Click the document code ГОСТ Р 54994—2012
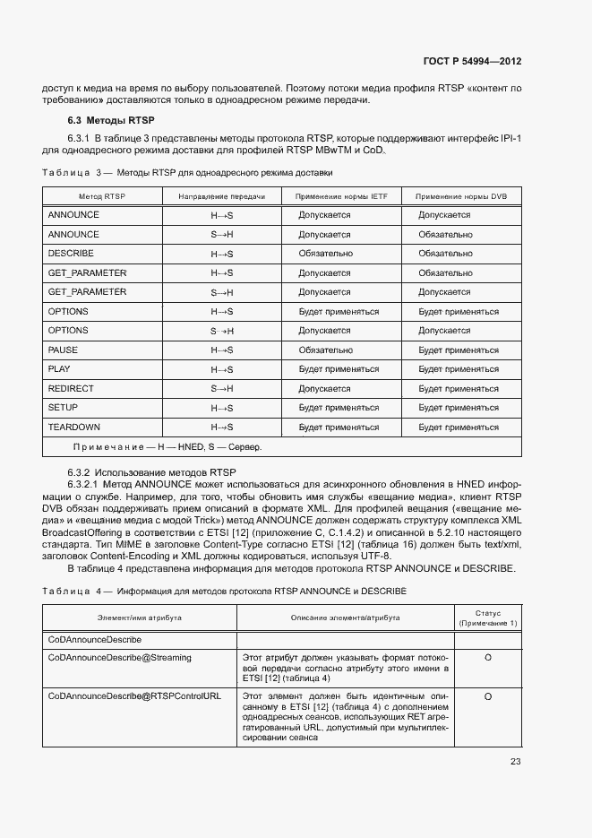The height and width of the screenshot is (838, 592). click(472, 61)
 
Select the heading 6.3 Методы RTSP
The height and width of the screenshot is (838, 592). click(111, 120)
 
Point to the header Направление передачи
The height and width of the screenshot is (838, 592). click(221, 195)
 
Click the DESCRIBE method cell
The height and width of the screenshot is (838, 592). click(70, 254)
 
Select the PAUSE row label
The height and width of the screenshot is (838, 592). click(63, 350)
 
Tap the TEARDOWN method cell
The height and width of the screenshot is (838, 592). click(73, 427)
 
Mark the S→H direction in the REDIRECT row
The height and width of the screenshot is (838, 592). click(221, 388)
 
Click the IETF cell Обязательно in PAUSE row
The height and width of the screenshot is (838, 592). click(325, 350)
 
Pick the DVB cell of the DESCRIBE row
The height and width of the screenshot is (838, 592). click(445, 254)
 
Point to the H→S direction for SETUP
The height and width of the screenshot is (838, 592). click(221, 408)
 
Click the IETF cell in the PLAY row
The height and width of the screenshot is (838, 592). click(339, 369)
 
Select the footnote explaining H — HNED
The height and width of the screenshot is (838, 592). click(167, 446)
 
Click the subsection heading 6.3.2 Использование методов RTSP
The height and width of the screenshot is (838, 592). click(152, 471)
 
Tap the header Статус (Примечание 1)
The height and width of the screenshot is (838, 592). click(488, 618)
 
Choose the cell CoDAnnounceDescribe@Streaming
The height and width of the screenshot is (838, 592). click(119, 658)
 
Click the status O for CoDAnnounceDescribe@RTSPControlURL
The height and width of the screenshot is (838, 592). click(488, 695)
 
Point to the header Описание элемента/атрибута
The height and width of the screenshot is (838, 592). click(345, 618)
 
